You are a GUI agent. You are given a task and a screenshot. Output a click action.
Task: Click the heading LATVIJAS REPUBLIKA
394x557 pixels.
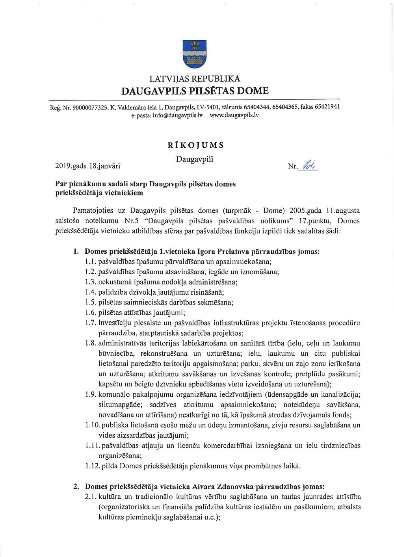click(195, 79)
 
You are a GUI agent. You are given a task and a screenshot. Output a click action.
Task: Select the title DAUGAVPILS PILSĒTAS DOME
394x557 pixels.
click(195, 91)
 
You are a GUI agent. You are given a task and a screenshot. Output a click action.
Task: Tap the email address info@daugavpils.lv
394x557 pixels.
click(177, 115)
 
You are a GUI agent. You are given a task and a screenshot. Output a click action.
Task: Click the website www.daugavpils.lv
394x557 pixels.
click(234, 115)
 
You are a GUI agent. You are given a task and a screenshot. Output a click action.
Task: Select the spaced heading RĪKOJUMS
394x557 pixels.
click(195, 145)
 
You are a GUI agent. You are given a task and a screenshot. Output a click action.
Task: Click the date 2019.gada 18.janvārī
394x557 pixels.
click(88, 166)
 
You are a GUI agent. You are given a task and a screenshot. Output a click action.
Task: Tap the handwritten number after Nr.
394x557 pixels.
click(308, 165)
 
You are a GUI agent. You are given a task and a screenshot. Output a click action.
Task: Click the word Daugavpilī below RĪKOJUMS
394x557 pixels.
click(195, 159)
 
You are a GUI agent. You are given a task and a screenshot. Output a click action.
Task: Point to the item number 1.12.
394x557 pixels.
click(93, 466)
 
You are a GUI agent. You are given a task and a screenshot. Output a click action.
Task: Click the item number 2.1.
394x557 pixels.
click(91, 497)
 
